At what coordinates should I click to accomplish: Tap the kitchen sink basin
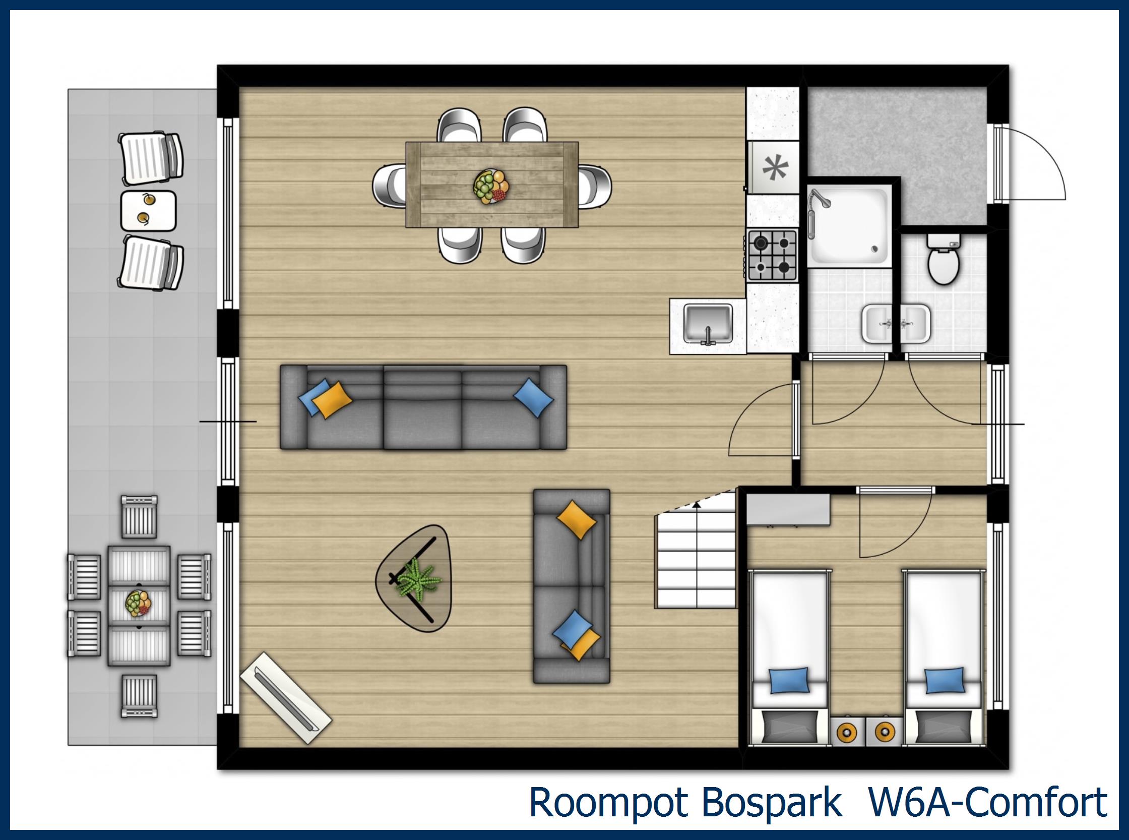707,323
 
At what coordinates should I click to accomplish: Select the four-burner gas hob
772,255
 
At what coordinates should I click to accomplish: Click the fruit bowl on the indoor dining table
491,187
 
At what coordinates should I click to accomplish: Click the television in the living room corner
285,698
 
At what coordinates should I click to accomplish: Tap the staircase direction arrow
696,504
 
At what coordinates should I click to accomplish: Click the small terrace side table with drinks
148,210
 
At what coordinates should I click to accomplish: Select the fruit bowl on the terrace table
138,604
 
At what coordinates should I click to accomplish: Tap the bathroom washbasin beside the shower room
876,323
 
